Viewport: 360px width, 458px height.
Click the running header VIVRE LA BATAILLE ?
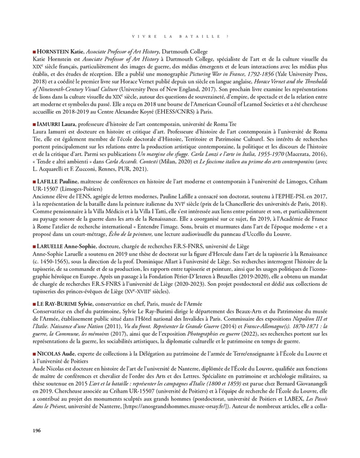point(180,36)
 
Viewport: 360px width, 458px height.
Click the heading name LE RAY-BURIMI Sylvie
point(65,304)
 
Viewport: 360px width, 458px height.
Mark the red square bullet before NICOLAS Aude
point(34,354)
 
